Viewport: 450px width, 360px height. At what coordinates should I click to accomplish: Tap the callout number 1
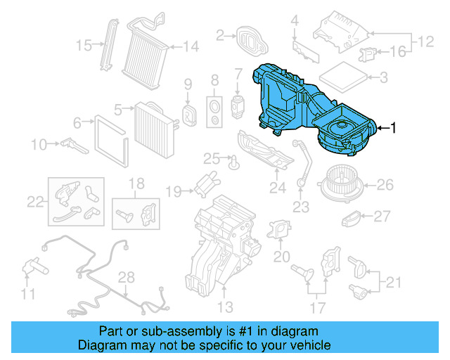[x=394, y=128]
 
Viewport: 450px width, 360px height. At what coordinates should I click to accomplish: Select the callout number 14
[x=191, y=46]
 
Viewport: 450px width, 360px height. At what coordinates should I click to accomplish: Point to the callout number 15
[x=84, y=46]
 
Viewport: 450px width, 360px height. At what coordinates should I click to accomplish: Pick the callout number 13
[x=224, y=307]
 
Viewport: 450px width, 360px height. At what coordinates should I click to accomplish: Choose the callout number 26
[x=385, y=185]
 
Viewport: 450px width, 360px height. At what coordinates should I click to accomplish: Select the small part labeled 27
[x=351, y=221]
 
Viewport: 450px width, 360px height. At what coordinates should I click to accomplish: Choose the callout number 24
[x=278, y=188]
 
